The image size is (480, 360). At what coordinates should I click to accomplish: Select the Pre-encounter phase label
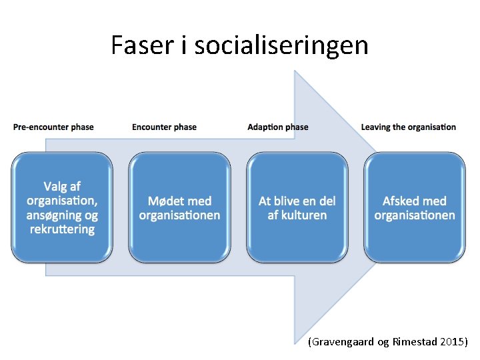click(x=53, y=127)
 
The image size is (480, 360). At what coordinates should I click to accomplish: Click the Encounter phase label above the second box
click(x=164, y=127)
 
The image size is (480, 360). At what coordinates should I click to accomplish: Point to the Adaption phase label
click(x=277, y=127)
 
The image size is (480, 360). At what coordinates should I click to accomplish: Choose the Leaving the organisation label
click(x=408, y=127)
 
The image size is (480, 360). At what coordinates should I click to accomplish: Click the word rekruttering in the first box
click(x=62, y=229)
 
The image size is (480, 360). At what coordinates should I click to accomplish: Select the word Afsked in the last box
click(x=401, y=201)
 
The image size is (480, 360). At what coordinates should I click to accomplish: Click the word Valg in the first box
click(x=55, y=186)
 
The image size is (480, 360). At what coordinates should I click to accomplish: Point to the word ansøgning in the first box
click(x=53, y=215)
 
